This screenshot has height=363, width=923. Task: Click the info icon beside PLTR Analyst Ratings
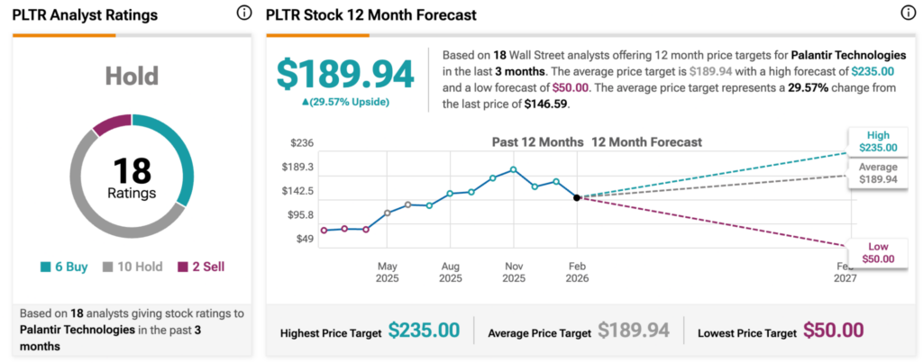click(243, 14)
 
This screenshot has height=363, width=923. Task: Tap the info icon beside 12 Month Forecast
click(908, 14)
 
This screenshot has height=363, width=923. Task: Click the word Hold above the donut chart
click(132, 77)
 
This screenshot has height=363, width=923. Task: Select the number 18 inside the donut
click(133, 171)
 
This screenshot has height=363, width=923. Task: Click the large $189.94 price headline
click(345, 74)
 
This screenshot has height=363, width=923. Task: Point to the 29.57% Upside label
click(346, 102)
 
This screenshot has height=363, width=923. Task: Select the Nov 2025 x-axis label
click(513, 272)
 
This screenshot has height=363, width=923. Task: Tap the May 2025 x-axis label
click(387, 272)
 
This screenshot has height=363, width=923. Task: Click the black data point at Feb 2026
click(577, 197)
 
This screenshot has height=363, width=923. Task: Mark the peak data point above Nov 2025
click(513, 169)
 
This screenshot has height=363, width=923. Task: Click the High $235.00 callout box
click(878, 141)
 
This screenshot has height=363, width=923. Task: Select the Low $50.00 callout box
click(878, 252)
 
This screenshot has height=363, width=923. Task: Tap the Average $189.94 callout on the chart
click(878, 173)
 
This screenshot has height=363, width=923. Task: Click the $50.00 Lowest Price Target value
click(834, 331)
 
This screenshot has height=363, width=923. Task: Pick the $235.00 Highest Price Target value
click(424, 331)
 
